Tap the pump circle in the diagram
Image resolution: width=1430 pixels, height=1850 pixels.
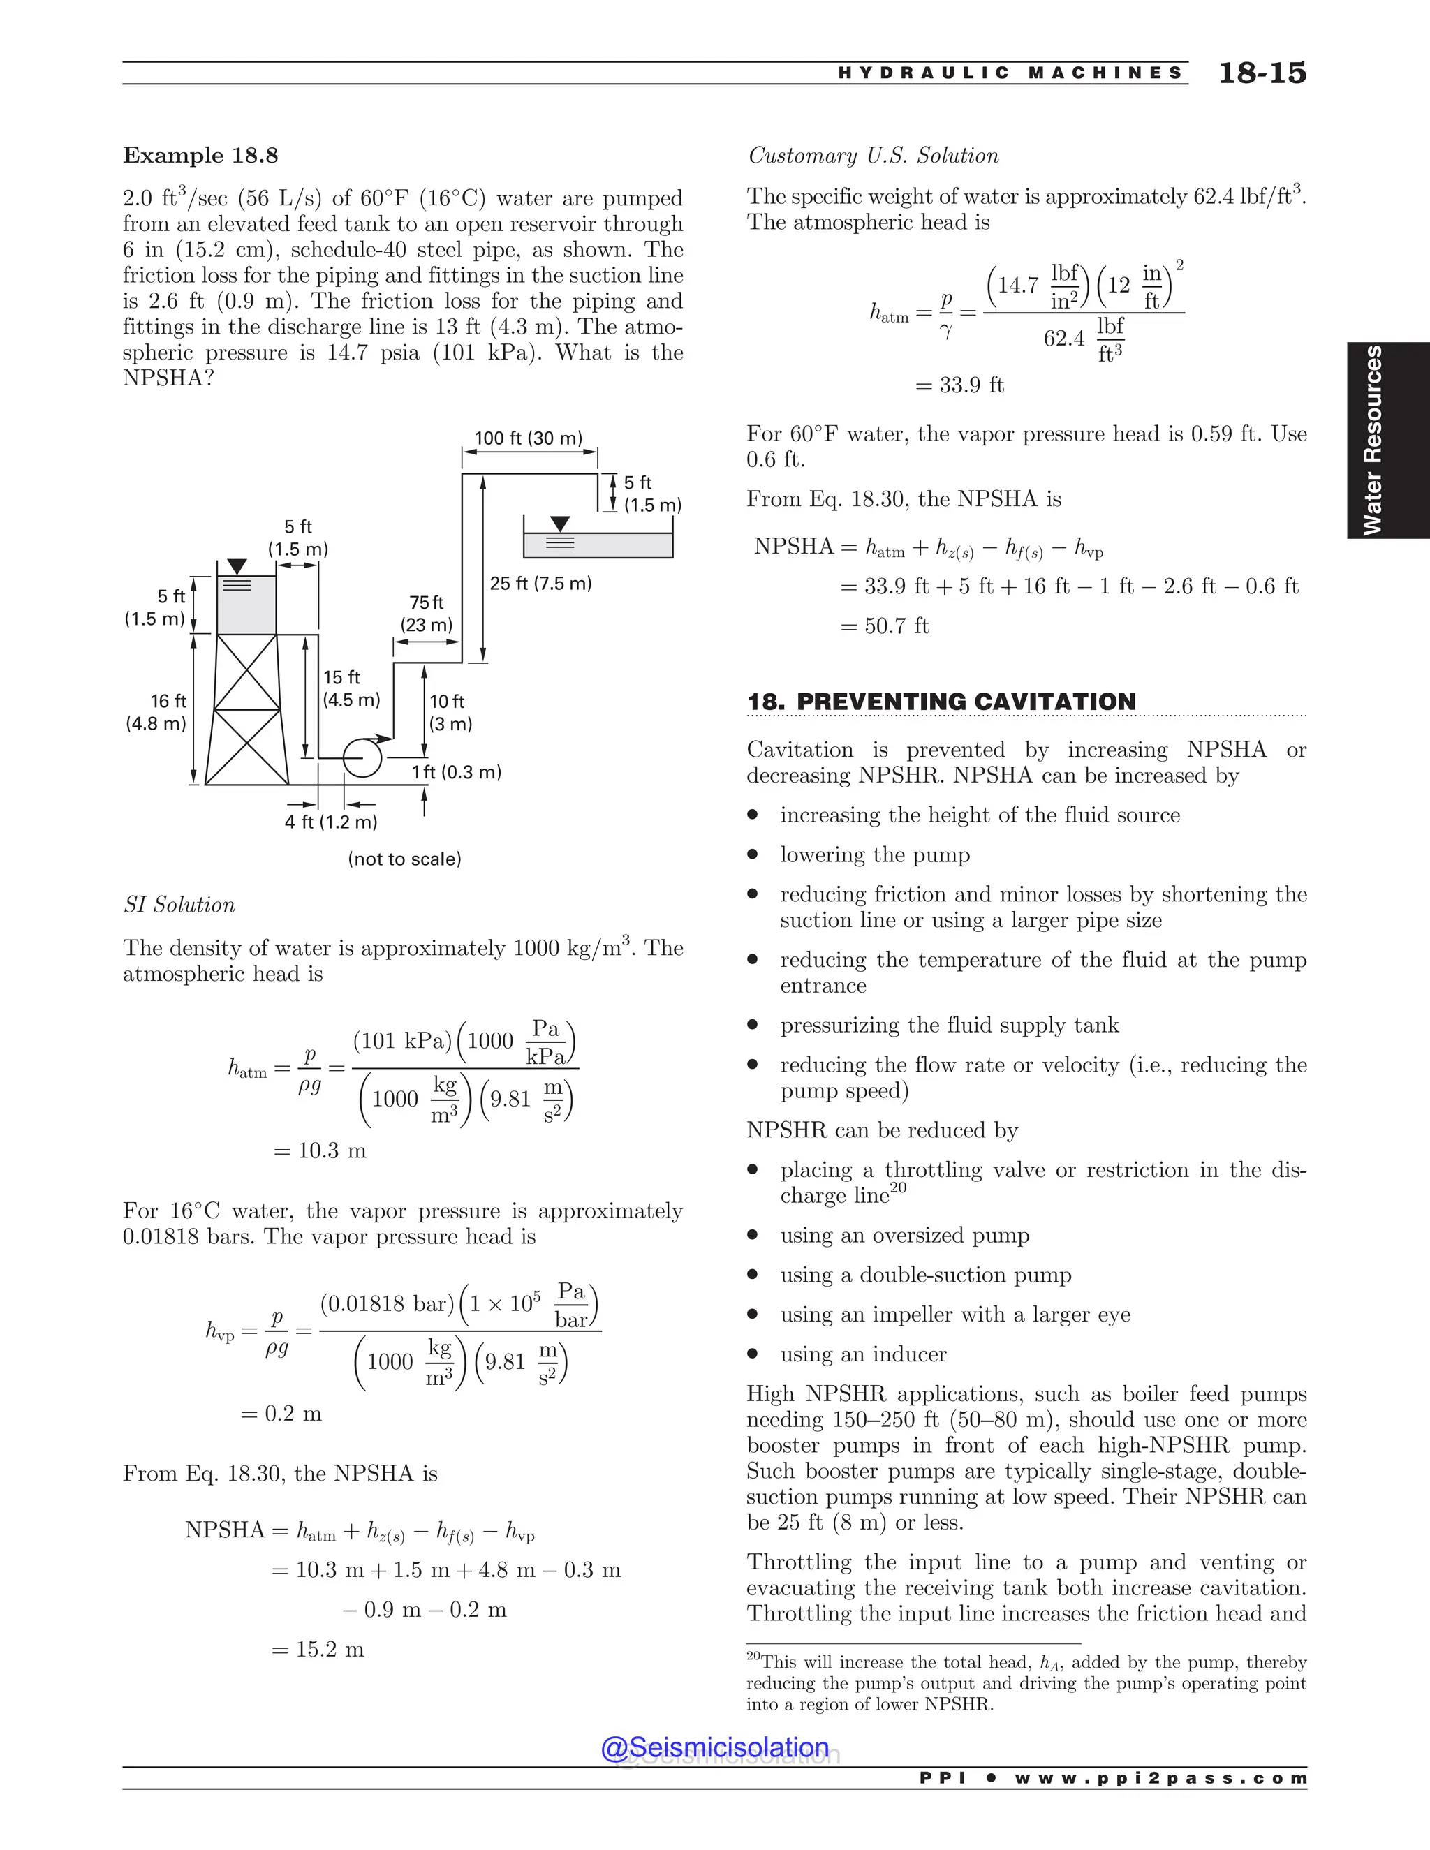tap(362, 757)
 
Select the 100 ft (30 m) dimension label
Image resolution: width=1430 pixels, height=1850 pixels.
tap(529, 438)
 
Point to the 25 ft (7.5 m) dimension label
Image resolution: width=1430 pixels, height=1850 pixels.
tap(540, 584)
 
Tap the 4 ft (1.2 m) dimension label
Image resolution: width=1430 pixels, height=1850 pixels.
tap(331, 822)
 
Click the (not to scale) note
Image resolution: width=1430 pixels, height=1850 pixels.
tap(405, 859)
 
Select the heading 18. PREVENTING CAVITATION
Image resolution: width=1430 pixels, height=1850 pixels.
tap(941, 702)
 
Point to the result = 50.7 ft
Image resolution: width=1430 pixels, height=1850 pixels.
tap(885, 626)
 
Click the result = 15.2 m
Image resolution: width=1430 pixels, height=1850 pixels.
tap(318, 1649)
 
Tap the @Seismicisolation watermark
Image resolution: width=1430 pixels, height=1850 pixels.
tap(715, 1747)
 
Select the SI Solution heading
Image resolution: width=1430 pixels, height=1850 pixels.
tap(179, 905)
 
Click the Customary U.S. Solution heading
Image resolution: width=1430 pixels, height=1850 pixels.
tap(873, 156)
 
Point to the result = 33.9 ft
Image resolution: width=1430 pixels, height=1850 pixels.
tap(960, 385)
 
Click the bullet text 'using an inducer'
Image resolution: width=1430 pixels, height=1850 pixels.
tap(863, 1354)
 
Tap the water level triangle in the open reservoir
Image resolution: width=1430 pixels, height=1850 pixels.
tap(560, 524)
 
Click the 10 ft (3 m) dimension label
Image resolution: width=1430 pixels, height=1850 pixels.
tap(450, 712)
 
